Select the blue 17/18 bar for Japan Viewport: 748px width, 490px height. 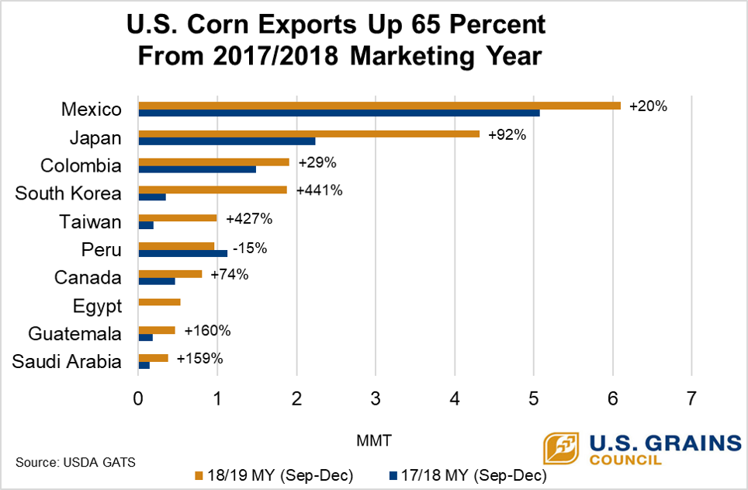click(227, 141)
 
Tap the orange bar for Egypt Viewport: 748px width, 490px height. click(159, 302)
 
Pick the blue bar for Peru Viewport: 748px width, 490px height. click(182, 253)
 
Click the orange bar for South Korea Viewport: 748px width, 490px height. click(212, 189)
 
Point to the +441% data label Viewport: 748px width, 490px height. click(319, 190)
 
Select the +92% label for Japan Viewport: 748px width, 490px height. click(507, 135)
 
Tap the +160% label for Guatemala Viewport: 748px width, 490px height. click(207, 331)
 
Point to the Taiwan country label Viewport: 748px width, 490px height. click(91, 222)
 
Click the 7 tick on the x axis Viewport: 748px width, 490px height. click(691, 398)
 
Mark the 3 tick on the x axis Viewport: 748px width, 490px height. click(376, 398)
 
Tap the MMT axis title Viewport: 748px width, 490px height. click(374, 440)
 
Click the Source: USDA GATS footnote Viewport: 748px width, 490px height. click(75, 462)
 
